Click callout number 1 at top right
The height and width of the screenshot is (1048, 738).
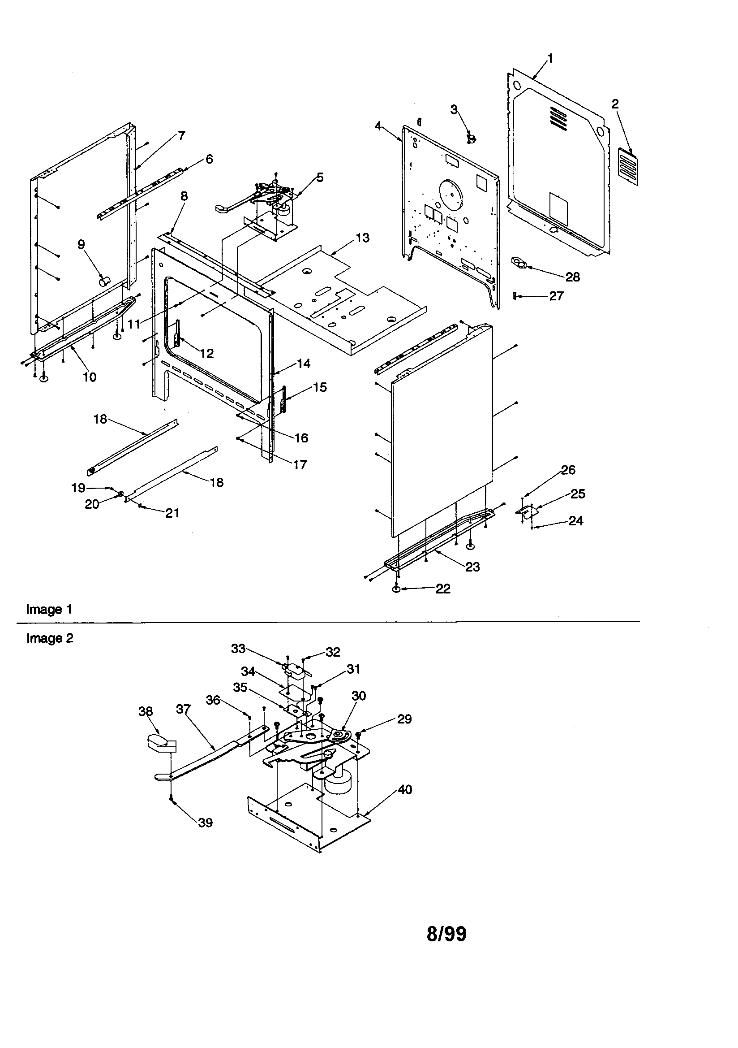click(550, 58)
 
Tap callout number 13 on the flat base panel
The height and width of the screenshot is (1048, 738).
click(362, 238)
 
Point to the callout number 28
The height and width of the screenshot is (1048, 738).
click(572, 277)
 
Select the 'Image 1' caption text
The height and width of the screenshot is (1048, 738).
click(49, 609)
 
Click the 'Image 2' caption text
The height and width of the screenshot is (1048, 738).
click(50, 638)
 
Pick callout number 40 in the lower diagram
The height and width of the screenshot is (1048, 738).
click(404, 789)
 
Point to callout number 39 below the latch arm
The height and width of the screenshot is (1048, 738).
click(205, 823)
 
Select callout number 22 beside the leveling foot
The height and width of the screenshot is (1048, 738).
click(443, 589)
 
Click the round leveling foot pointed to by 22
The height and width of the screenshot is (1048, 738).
click(396, 590)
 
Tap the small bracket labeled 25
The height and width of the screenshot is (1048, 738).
click(527, 512)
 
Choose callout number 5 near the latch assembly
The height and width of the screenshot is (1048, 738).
click(320, 178)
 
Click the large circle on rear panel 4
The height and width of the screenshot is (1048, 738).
click(451, 195)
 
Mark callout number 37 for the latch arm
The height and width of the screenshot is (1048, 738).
click(183, 709)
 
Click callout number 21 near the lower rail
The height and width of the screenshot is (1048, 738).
click(172, 513)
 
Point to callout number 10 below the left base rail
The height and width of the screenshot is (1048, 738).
click(90, 377)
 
